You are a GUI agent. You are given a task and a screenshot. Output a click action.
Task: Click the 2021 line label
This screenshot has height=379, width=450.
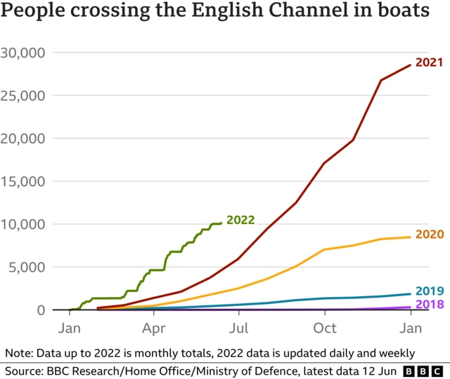pos(429,62)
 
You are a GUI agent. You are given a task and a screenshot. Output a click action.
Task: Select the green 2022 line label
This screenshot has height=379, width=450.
pos(240,220)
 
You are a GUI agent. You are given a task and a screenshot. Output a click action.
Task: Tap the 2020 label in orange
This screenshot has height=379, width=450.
pos(430,234)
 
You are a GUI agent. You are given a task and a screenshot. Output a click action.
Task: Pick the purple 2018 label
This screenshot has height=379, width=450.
pos(429,304)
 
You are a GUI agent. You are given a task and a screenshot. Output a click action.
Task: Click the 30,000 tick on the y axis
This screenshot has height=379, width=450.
pos(23,53)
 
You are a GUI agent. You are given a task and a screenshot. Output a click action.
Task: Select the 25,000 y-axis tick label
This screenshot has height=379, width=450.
pos(23,95)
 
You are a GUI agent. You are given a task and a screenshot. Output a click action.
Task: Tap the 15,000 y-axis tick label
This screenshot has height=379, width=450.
pos(23,181)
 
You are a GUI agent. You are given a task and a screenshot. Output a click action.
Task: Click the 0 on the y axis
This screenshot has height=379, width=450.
pos(41,310)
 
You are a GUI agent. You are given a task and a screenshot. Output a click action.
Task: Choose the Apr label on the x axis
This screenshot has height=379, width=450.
pos(153,327)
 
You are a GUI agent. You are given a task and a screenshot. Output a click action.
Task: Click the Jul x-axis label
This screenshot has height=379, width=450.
pos(239,327)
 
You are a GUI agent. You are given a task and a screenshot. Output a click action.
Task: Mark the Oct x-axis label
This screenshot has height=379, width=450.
pos(325,327)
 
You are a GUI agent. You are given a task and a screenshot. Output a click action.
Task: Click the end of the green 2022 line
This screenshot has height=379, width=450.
pos(221,223)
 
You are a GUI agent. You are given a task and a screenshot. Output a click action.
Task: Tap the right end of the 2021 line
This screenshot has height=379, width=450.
pos(411,65)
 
